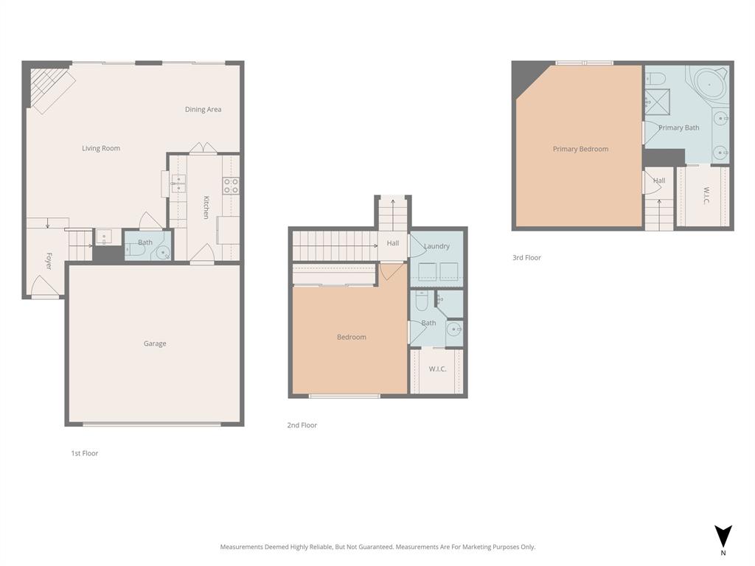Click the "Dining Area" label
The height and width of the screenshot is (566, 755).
click(203, 110)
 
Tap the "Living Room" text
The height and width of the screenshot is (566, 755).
click(101, 148)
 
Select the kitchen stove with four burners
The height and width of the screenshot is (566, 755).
click(231, 185)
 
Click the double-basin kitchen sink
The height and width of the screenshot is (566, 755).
click(178, 184)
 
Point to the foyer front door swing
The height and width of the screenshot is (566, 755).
click(44, 288)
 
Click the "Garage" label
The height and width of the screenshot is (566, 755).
click(155, 343)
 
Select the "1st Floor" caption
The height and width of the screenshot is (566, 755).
click(84, 453)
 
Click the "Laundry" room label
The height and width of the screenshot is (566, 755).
click(436, 246)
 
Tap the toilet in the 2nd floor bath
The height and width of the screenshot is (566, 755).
click(422, 301)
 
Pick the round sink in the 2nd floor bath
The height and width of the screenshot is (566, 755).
click(454, 329)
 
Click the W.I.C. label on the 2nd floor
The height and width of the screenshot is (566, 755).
click(437, 368)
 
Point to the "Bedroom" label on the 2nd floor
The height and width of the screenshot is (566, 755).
click(351, 337)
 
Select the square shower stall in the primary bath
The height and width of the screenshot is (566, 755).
click(657, 101)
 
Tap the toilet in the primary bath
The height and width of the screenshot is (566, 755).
click(655, 79)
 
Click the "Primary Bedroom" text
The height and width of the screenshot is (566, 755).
click(580, 149)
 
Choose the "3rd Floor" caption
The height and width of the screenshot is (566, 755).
click(526, 258)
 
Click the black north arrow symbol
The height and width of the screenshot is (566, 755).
click(723, 536)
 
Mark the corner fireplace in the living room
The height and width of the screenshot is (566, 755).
click(47, 88)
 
